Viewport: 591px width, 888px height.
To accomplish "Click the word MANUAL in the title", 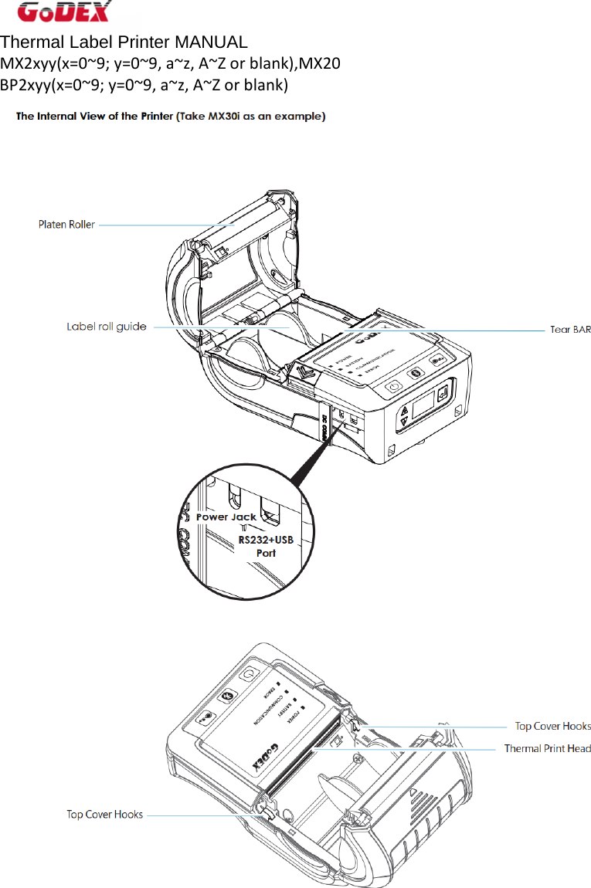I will tap(211, 42).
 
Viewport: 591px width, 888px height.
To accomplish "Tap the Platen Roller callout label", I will tap(67, 225).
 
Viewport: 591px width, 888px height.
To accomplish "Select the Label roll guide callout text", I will tap(107, 327).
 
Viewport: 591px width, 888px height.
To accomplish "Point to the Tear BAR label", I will tap(570, 330).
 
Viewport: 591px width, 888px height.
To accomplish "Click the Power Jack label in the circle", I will tap(226, 517).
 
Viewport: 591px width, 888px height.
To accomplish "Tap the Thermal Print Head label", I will tap(547, 748).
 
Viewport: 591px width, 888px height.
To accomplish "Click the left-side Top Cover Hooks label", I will tap(104, 814).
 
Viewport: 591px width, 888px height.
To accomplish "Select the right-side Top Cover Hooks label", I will tap(552, 726).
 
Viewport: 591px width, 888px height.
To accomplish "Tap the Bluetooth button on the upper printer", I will tap(415, 374).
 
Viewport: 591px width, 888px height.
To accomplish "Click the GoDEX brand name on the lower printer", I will tap(265, 758).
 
